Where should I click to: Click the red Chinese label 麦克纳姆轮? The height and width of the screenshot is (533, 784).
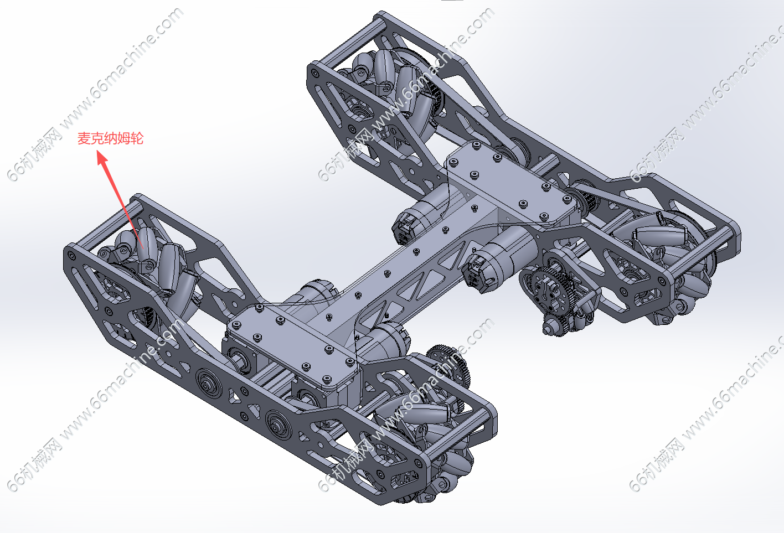tap(110, 138)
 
